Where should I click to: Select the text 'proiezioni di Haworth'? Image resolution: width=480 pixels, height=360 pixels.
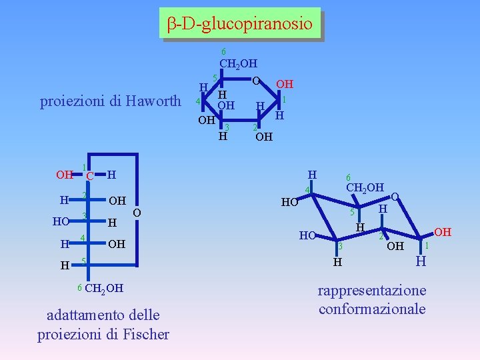(111, 101)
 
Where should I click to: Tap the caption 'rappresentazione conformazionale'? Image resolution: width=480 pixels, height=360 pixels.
(372, 300)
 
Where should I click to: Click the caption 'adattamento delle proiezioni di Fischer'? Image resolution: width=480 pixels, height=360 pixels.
(103, 324)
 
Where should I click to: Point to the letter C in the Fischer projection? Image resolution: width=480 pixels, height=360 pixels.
(89, 176)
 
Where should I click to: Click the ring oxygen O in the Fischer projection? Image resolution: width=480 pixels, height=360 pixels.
(137, 212)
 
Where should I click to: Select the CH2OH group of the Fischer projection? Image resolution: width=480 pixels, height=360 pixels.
(103, 288)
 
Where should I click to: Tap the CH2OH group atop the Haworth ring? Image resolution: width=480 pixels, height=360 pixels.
(238, 65)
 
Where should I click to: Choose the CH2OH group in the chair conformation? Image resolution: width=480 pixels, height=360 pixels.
(364, 187)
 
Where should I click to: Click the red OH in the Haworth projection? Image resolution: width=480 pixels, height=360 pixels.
(285, 85)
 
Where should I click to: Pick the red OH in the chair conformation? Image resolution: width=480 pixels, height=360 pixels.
(443, 232)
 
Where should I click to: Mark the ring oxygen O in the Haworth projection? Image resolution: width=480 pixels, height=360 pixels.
(255, 80)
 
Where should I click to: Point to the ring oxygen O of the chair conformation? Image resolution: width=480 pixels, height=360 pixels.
(395, 197)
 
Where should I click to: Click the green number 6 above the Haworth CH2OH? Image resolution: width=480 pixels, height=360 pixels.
(223, 52)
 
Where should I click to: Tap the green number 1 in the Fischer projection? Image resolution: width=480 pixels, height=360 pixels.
(83, 167)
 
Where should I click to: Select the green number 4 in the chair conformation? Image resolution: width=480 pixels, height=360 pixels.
(307, 191)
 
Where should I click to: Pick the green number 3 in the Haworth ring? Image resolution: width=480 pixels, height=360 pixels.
(227, 127)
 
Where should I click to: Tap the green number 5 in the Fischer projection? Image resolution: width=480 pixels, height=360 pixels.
(83, 260)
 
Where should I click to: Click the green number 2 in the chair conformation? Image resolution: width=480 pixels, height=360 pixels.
(381, 236)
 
